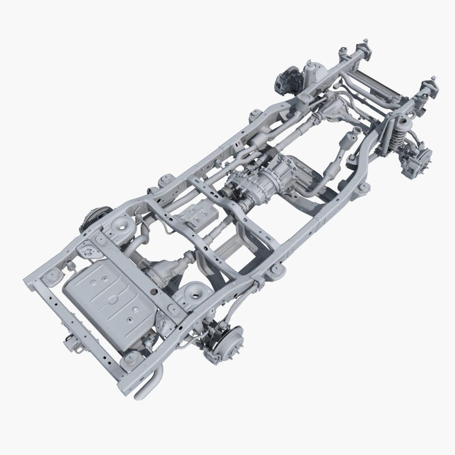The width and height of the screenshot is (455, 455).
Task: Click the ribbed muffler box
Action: (x=195, y=214)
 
